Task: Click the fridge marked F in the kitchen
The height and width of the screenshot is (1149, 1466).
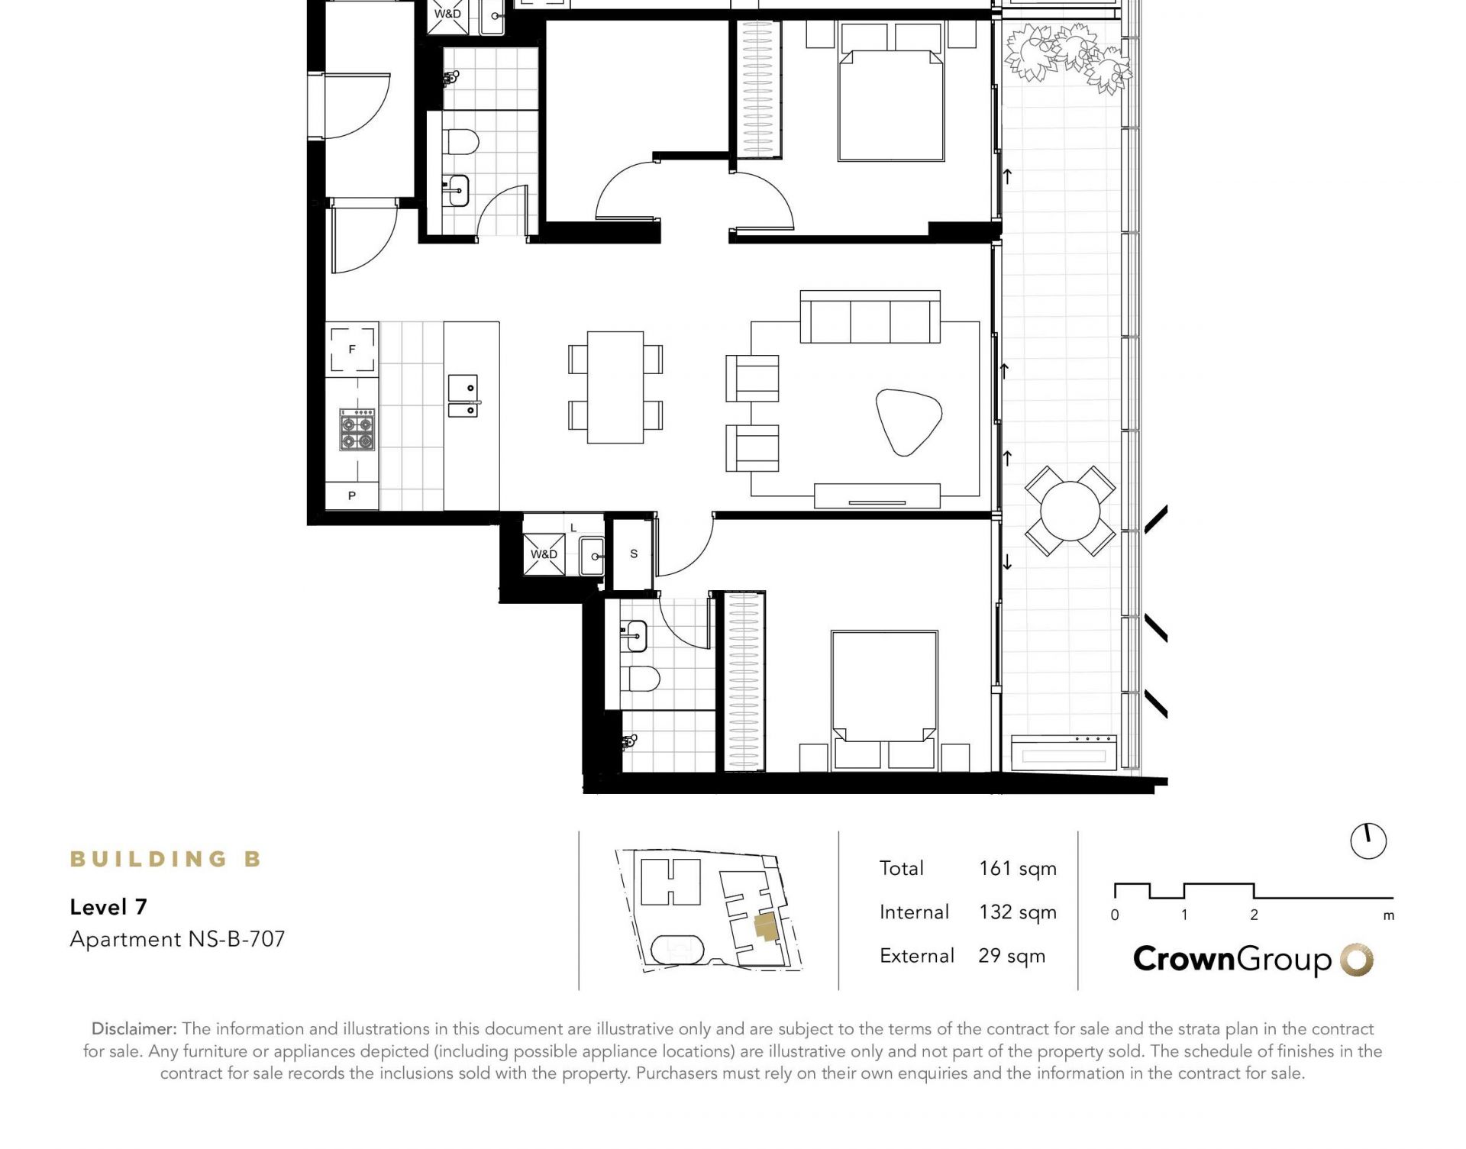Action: (352, 349)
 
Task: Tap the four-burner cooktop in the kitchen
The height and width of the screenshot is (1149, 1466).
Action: (357, 430)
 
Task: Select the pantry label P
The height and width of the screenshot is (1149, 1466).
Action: (352, 495)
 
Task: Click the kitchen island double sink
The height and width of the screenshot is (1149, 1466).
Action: (463, 395)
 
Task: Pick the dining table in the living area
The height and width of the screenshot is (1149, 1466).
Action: (615, 387)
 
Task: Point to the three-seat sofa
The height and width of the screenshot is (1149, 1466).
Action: (870, 317)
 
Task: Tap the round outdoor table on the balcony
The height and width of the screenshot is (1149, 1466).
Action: (1070, 512)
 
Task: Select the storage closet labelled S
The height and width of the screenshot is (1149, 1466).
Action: (634, 554)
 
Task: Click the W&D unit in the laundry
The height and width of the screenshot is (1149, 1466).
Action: (544, 554)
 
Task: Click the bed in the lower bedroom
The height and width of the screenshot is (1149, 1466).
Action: (884, 699)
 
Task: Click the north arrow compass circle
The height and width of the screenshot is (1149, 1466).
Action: (1368, 841)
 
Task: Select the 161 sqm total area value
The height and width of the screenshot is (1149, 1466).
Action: (1018, 869)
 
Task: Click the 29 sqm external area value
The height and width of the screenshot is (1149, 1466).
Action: (1012, 956)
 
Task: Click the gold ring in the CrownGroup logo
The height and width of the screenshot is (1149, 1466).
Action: (1357, 960)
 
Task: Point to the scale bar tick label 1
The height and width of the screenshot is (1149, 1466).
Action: (1184, 915)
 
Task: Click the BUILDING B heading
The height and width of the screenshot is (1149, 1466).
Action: (166, 859)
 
